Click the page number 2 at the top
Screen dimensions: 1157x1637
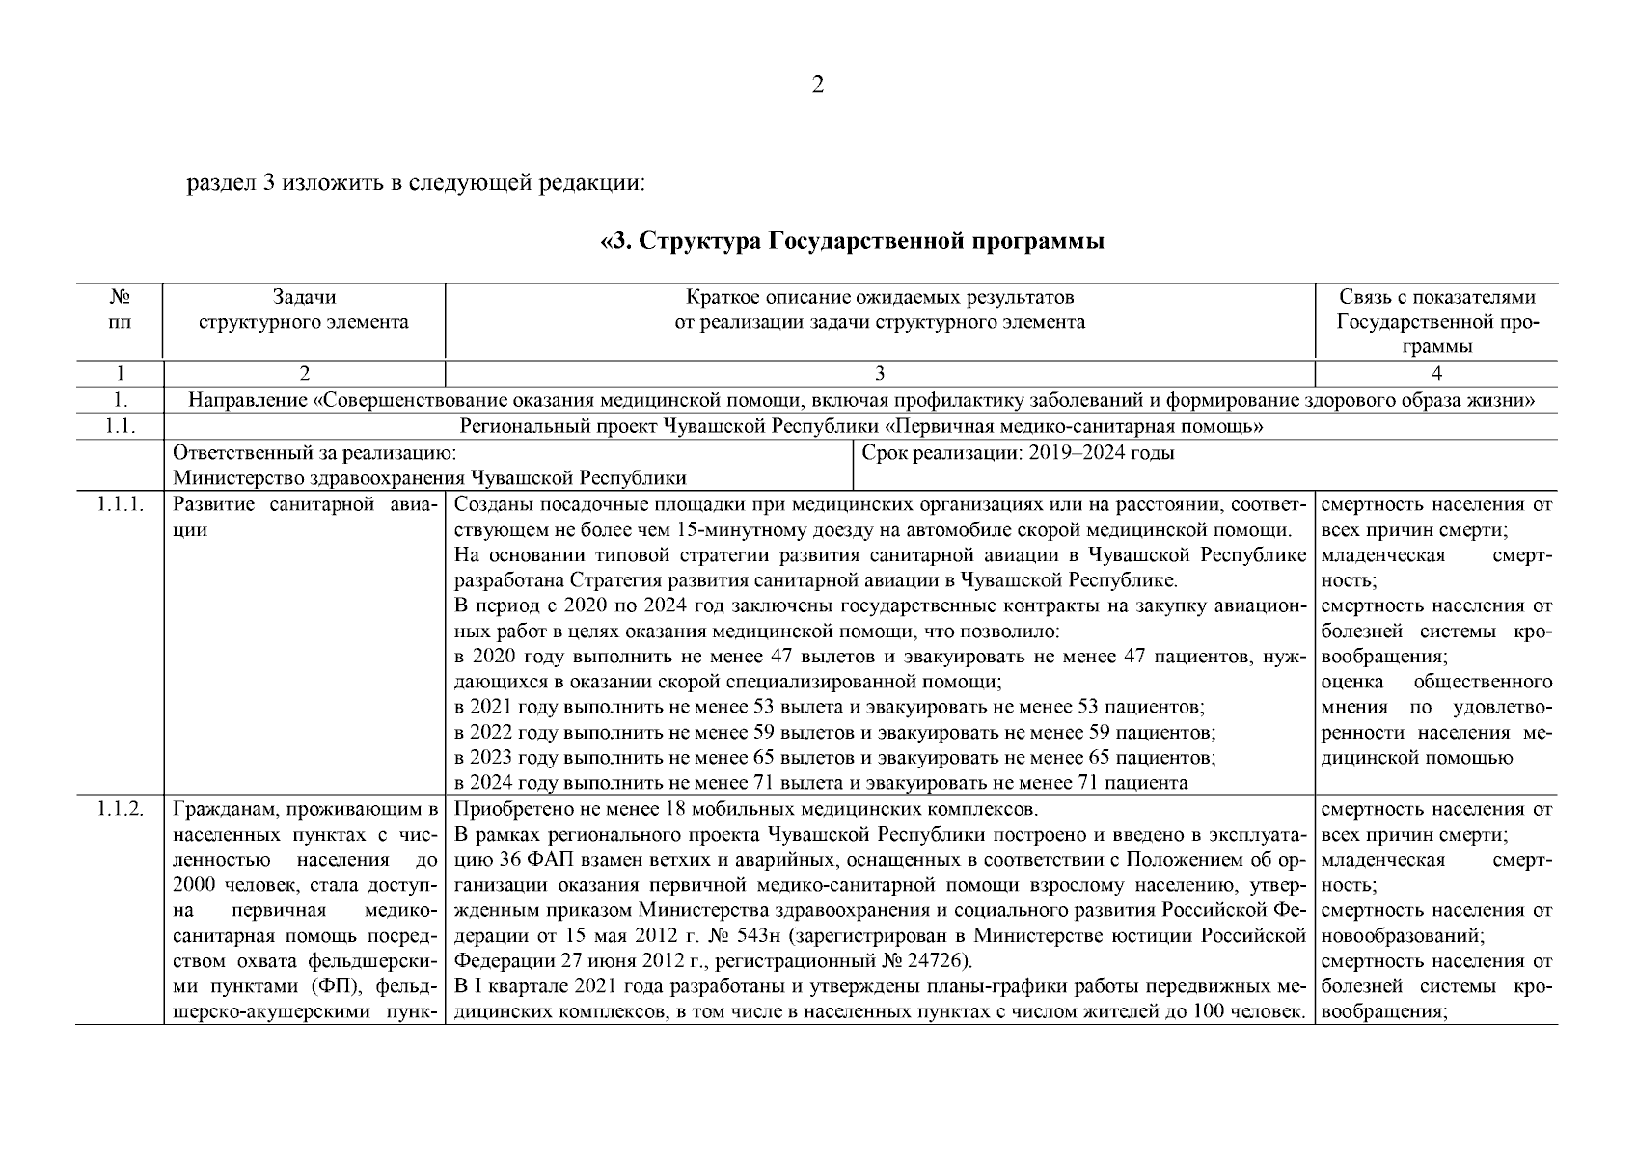point(817,86)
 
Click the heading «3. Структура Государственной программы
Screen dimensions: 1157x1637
point(853,241)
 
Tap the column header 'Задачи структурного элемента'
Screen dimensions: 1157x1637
point(304,309)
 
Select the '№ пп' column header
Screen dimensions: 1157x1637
point(120,309)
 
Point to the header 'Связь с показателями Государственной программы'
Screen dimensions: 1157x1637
point(1436,322)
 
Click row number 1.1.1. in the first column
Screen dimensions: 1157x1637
point(120,505)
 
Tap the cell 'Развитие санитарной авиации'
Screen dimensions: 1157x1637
point(304,517)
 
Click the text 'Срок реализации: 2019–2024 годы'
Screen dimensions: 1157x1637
point(1017,453)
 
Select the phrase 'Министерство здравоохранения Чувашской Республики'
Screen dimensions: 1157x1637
point(429,478)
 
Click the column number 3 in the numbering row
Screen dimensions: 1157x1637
point(879,374)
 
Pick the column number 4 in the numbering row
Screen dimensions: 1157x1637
point(1436,374)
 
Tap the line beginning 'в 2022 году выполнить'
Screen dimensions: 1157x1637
point(834,733)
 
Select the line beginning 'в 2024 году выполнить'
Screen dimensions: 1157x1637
point(821,783)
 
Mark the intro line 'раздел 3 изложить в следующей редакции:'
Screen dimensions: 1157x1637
point(415,182)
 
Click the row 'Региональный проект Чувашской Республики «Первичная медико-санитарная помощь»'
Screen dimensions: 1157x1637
point(861,426)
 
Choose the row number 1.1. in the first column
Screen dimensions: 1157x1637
point(120,426)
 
